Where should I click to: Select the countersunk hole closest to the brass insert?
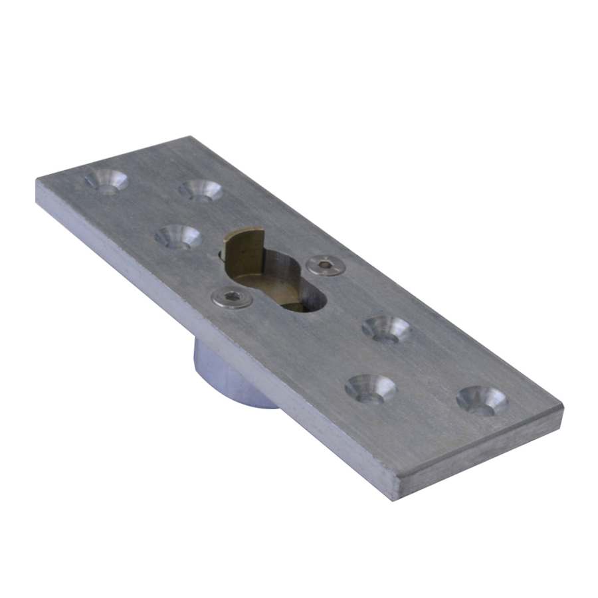178,236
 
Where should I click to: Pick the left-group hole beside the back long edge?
200,189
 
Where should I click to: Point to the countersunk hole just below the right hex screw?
387,328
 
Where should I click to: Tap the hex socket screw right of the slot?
326,265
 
